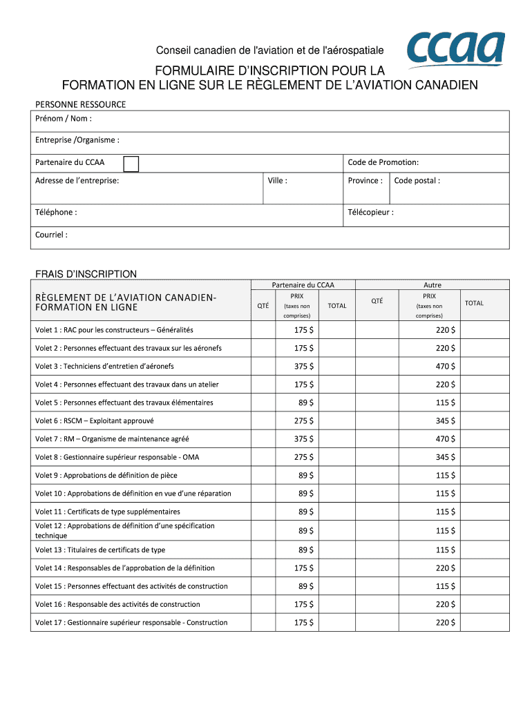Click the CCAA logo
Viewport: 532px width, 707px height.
click(x=455, y=48)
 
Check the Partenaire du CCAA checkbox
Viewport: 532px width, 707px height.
click(x=131, y=163)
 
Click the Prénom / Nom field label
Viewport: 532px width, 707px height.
click(x=64, y=119)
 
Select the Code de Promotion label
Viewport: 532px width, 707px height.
click(x=383, y=162)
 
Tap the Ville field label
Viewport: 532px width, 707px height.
click(x=277, y=181)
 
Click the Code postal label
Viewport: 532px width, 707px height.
click(x=417, y=181)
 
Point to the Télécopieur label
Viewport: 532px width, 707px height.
click(x=371, y=213)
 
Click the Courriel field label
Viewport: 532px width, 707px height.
click(x=51, y=235)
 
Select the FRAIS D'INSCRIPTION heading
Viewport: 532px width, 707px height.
click(x=86, y=274)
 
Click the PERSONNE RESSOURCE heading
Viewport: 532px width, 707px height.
click(x=80, y=104)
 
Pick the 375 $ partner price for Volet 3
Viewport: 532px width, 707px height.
click(x=304, y=367)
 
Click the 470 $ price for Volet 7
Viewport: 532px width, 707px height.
click(x=445, y=439)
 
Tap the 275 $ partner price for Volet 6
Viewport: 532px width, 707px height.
click(x=304, y=420)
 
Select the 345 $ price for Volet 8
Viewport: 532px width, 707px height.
click(x=445, y=457)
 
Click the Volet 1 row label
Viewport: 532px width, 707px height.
click(x=114, y=330)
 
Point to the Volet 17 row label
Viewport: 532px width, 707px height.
click(x=131, y=623)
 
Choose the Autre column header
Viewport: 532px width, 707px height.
click(x=432, y=284)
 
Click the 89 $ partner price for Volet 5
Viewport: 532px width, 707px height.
click(x=306, y=403)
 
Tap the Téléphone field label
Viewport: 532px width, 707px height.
click(x=56, y=213)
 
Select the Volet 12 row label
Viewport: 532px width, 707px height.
click(x=124, y=530)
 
